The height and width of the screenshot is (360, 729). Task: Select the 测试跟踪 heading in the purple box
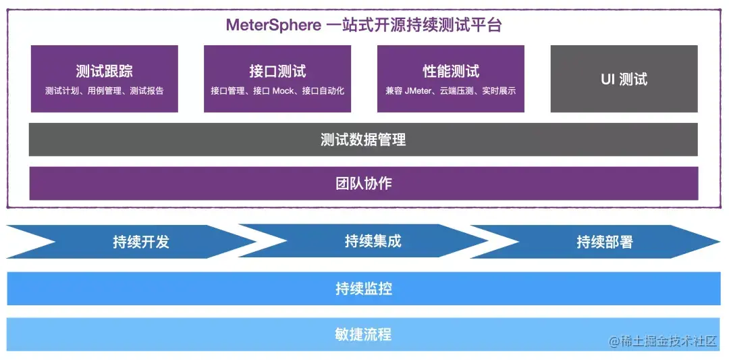(104, 72)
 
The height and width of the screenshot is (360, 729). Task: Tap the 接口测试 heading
(277, 72)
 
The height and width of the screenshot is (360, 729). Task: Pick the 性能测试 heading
(451, 72)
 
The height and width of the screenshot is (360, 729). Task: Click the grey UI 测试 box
(624, 79)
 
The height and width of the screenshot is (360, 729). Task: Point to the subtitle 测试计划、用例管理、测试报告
(104, 91)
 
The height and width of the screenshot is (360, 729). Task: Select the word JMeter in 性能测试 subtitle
(418, 91)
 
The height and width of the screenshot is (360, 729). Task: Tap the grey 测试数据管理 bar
(363, 140)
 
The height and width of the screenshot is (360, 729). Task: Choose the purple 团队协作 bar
(363, 184)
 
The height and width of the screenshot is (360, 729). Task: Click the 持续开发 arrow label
(140, 242)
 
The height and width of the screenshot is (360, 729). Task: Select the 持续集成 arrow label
(373, 242)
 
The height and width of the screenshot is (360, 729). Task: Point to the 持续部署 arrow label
(604, 242)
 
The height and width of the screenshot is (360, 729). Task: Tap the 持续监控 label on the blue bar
(363, 289)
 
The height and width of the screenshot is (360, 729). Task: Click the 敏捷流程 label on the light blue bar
(363, 334)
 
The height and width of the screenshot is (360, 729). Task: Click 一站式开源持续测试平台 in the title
(413, 25)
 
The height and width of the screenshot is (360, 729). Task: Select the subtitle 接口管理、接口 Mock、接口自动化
(277, 91)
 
